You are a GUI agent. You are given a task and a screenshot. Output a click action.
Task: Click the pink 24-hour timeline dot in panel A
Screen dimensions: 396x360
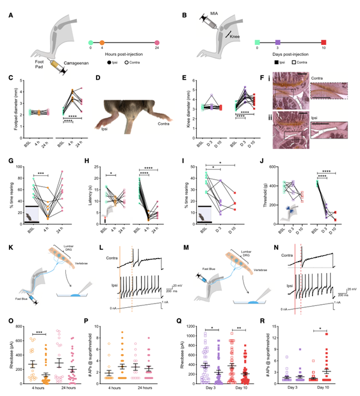(x=157, y=43)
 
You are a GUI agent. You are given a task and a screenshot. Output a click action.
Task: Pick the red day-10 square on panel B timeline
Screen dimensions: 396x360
(x=323, y=43)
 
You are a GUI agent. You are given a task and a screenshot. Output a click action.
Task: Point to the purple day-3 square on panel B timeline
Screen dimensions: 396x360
(x=277, y=43)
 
